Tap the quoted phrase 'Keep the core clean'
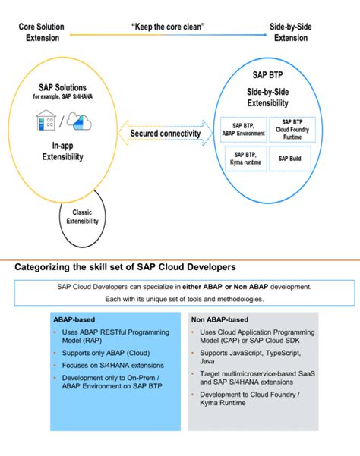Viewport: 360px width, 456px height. (x=168, y=27)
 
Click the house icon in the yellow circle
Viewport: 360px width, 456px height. (x=46, y=121)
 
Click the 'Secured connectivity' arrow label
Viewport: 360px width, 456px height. (x=165, y=134)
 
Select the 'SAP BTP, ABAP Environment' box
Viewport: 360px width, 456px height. (x=244, y=129)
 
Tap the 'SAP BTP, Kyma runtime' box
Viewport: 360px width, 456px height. (x=244, y=158)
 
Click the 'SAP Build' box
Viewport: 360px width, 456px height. (x=296, y=158)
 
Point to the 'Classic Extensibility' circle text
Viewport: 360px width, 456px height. (x=83, y=217)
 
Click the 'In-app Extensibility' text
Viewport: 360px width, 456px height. (x=62, y=152)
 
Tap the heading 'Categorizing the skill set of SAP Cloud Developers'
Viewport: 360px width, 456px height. (x=125, y=266)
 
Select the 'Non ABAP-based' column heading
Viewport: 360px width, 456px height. (x=220, y=319)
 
